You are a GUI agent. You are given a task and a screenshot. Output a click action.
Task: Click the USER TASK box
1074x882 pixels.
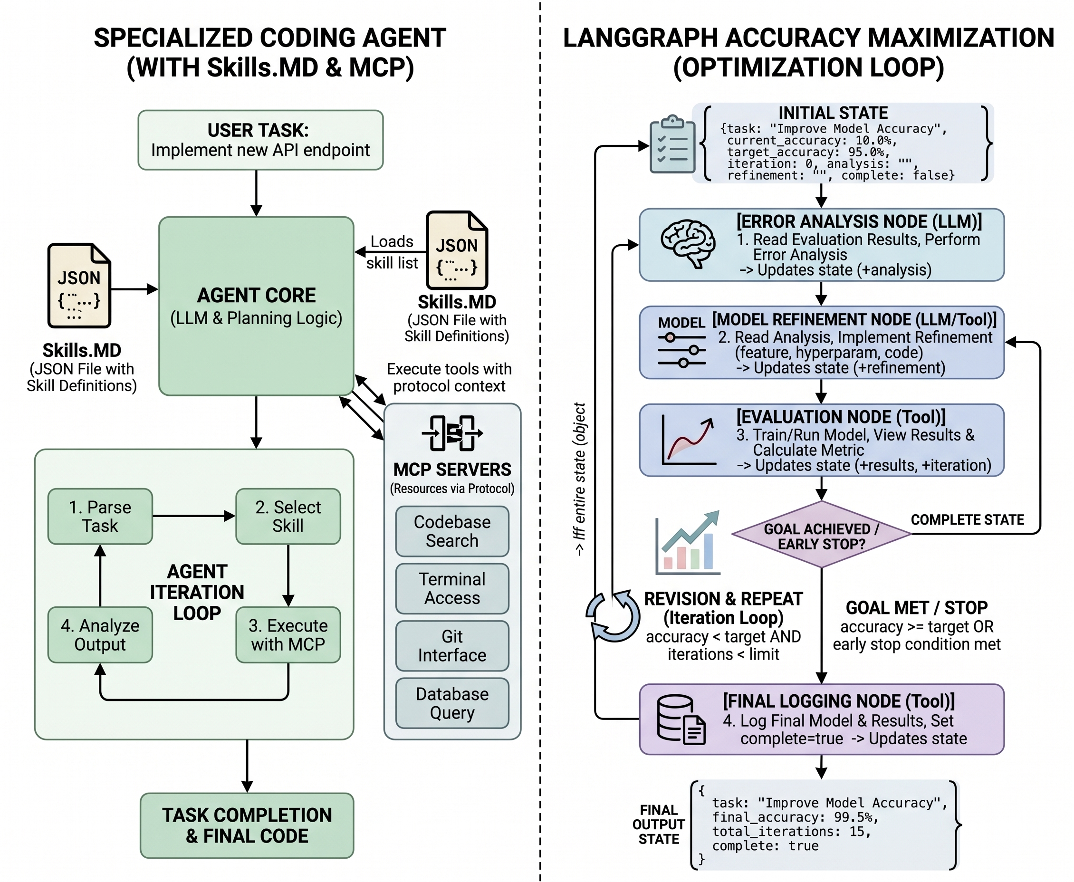point(260,140)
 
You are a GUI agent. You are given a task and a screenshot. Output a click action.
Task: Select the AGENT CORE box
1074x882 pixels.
point(256,306)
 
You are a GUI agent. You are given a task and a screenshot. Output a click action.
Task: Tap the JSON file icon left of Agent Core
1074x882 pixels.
point(79,286)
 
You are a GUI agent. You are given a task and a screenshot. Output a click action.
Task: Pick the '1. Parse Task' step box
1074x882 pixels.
point(100,516)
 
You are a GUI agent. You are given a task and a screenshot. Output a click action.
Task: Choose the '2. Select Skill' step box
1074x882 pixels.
point(288,516)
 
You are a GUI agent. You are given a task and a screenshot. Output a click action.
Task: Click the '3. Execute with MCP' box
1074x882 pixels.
point(288,634)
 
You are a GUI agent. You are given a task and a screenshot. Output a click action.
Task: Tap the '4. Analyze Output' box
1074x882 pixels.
point(100,634)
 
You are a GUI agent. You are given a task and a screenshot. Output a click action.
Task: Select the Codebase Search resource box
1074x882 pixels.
point(452,531)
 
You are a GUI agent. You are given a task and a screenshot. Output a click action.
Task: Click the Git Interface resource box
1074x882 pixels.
point(452,646)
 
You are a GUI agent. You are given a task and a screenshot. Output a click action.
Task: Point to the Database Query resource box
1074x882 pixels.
point(452,703)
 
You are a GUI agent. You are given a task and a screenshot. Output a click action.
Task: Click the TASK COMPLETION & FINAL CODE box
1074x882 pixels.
point(247,825)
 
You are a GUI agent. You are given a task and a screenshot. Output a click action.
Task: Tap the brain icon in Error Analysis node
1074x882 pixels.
point(688,243)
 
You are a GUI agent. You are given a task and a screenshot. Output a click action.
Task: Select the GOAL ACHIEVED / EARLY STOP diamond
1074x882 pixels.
point(821,535)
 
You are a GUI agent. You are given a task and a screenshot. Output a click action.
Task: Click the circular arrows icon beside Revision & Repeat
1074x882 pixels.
point(613,616)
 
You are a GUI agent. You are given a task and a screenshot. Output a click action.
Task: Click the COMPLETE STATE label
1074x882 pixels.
point(967,520)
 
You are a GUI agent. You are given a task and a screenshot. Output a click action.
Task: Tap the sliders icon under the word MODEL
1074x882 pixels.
point(681,350)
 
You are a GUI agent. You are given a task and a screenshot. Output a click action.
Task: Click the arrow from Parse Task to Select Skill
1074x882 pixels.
point(193,516)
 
